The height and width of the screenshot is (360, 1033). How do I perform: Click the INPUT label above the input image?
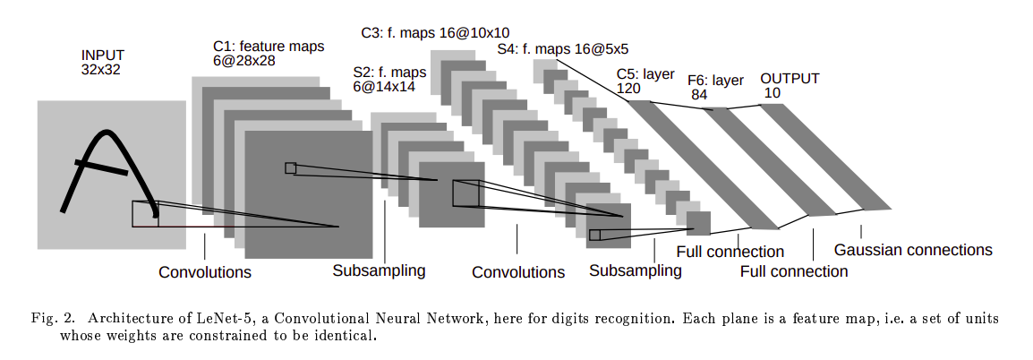(100, 55)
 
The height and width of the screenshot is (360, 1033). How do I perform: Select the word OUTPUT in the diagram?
(790, 78)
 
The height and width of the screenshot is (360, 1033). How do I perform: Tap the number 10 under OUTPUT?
(773, 92)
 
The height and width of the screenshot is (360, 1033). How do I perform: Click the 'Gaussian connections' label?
(913, 250)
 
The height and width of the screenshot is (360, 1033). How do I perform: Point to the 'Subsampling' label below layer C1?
(379, 270)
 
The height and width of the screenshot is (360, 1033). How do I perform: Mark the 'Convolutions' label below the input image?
(205, 271)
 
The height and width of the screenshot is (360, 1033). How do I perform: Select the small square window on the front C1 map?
(290, 167)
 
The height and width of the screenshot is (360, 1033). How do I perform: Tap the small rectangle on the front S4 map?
(595, 235)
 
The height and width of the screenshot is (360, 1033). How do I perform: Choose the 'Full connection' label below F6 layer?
(794, 270)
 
